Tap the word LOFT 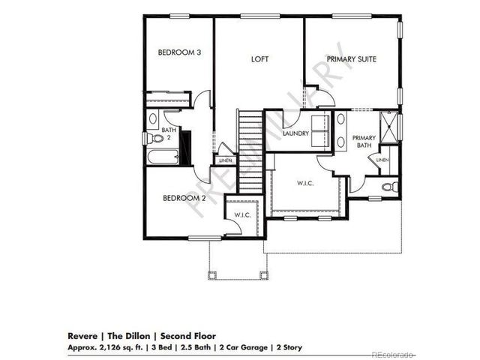259,58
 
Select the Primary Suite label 351,58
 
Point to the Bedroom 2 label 184,199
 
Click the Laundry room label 297,133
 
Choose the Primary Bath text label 364,142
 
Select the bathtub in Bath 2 163,157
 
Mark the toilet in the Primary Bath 388,187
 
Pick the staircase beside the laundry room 250,150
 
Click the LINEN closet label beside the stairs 224,160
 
